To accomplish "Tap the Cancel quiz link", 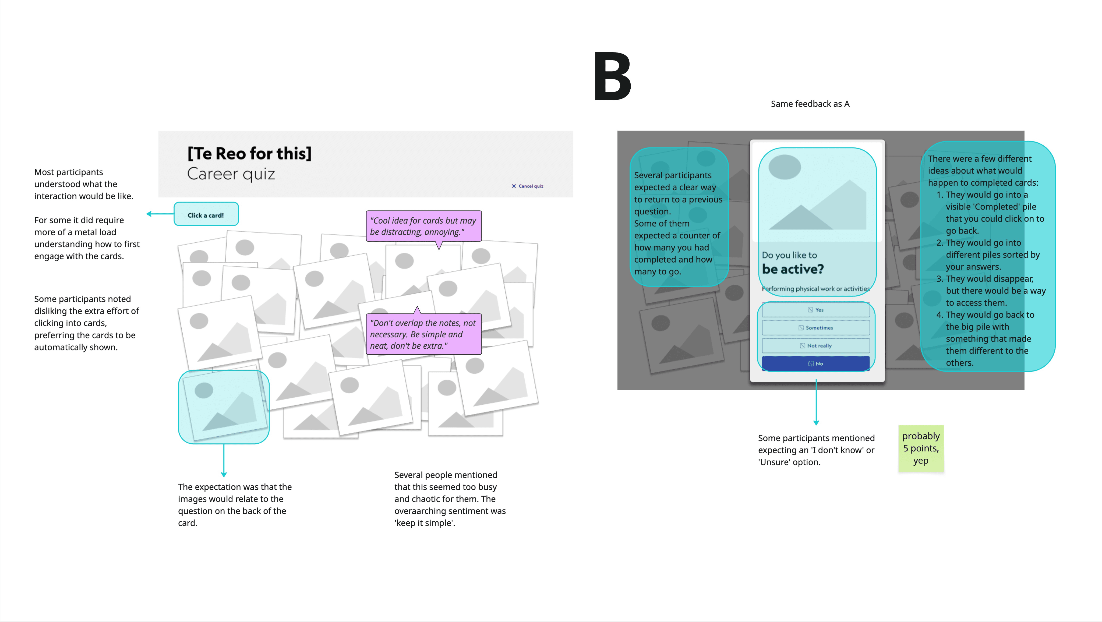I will click(528, 186).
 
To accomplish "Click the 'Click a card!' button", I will click(206, 215).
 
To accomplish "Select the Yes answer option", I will click(815, 310).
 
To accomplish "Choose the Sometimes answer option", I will click(815, 328).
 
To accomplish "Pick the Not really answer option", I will click(815, 346).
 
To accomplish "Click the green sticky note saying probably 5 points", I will click(921, 448).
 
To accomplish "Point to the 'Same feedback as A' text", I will click(810, 104).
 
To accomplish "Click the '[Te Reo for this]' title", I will click(249, 153).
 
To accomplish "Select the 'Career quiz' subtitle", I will click(231, 174).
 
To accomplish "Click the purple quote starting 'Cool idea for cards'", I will click(423, 226).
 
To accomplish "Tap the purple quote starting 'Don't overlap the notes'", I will click(423, 334).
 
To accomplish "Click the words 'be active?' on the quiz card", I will click(793, 269).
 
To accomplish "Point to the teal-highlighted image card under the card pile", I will click(223, 407).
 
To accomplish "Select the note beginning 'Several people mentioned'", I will click(450, 499).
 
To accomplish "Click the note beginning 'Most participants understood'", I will click(84, 184).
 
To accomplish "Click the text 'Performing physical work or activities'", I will click(815, 289).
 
